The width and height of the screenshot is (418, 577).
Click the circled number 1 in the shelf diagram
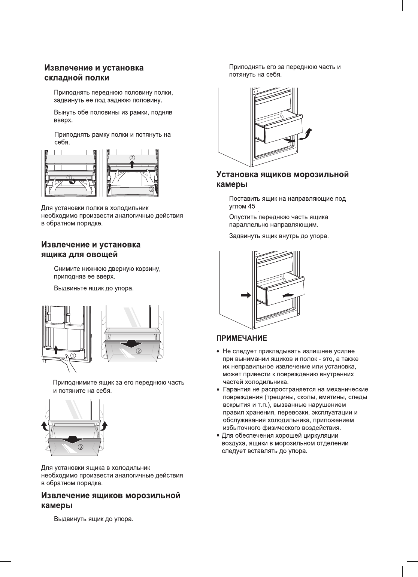pos(69,177)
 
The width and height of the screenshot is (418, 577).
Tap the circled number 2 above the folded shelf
pos(132,157)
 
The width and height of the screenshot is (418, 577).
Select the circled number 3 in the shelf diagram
pos(151,189)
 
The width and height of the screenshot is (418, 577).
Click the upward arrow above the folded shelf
pos(132,165)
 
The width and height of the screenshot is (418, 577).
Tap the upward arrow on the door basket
pos(55,349)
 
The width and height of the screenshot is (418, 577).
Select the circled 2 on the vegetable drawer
pos(138,351)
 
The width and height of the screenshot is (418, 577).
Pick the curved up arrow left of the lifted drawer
pos(45,426)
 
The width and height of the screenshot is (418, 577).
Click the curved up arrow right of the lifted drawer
pos(104,426)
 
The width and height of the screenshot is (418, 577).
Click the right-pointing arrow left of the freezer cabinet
pos(246,295)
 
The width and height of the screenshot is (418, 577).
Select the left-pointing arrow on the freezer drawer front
pos(288,295)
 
